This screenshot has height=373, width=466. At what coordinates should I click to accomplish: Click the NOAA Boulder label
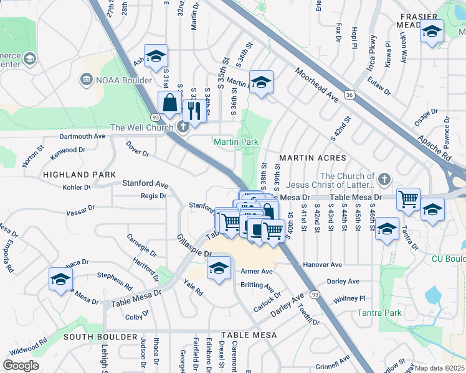click(123, 80)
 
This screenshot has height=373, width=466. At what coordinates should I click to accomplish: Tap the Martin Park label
click(235, 142)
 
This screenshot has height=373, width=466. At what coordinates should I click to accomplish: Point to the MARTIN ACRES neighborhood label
click(303, 159)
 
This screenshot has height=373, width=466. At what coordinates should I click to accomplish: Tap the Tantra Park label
click(380, 313)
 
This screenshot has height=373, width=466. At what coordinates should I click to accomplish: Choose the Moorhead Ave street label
click(316, 86)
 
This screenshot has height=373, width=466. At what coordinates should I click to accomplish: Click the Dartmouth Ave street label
click(82, 136)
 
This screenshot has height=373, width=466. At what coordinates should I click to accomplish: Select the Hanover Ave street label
click(323, 265)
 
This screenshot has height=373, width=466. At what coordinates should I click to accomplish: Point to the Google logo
click(21, 365)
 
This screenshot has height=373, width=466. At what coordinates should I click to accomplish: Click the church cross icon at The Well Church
click(182, 128)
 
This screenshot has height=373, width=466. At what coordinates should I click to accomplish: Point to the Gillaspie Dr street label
click(194, 247)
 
